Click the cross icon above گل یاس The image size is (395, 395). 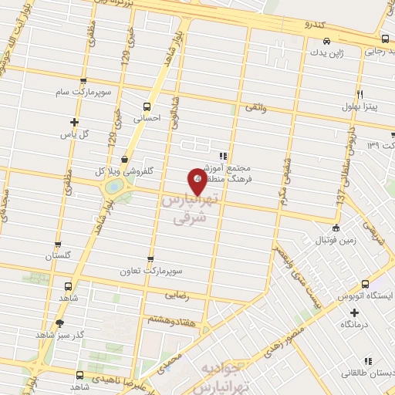tap(75, 122)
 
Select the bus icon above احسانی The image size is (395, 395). tap(147, 107)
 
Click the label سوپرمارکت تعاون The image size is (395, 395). tap(150, 272)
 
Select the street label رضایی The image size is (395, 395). tap(189, 294)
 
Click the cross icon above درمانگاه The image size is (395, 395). tap(354, 312)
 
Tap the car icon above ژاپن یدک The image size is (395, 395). tap(326, 42)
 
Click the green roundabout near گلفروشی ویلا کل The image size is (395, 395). tap(114, 187)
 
